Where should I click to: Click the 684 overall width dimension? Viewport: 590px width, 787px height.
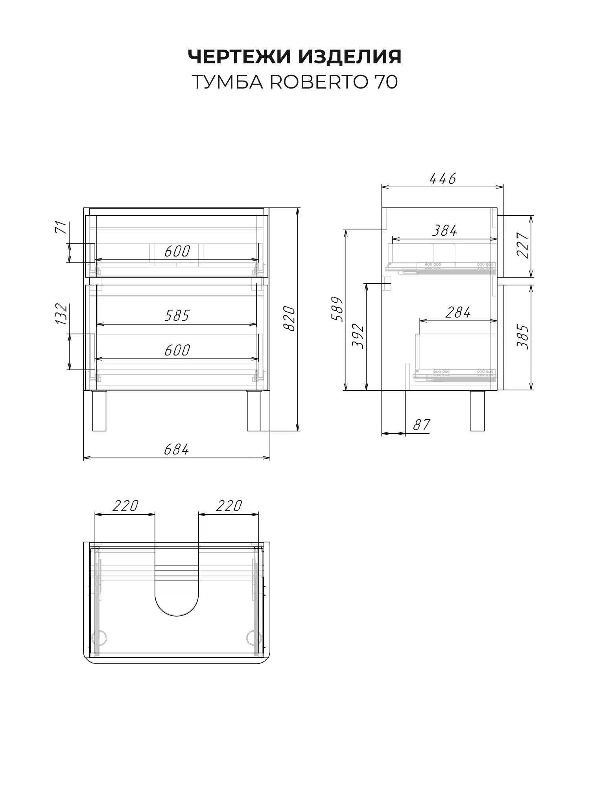[x=177, y=449]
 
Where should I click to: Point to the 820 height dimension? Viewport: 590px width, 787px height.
[x=289, y=318]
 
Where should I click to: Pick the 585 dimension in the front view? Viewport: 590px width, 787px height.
[x=177, y=315]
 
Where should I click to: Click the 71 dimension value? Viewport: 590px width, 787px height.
[x=61, y=227]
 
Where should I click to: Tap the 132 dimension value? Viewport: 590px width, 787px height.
[x=61, y=314]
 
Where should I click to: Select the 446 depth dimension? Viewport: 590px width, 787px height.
[x=442, y=179]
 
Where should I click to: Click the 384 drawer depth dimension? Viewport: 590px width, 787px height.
[x=445, y=231]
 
